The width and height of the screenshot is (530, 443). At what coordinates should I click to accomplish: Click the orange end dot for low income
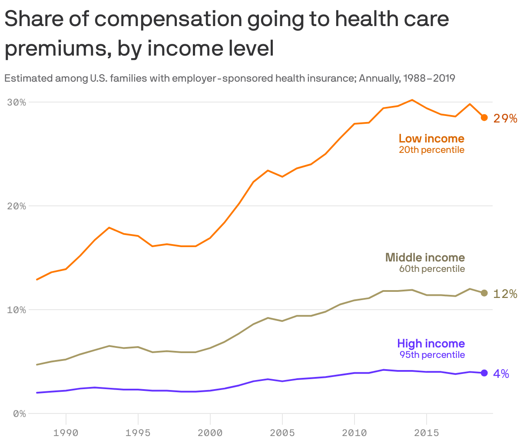tap(484, 118)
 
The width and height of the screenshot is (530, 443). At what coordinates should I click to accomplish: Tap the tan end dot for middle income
tap(484, 293)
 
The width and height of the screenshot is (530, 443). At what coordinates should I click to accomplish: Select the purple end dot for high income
tap(484, 373)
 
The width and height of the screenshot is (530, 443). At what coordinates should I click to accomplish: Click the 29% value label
tap(505, 119)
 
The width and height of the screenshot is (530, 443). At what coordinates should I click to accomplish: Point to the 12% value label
tap(505, 294)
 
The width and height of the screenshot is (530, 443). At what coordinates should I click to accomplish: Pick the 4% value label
tap(501, 374)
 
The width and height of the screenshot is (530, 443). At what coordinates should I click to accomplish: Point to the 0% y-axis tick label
tap(19, 413)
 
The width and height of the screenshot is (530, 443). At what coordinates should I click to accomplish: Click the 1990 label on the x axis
tap(66, 433)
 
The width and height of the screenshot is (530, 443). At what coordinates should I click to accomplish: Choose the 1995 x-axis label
tap(138, 433)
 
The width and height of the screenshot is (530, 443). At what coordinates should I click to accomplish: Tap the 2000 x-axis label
tap(210, 433)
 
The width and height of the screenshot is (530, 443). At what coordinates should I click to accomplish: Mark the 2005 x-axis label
tap(282, 433)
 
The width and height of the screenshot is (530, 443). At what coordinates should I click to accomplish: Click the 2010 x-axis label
tap(354, 433)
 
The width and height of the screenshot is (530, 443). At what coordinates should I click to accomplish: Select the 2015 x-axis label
tap(427, 433)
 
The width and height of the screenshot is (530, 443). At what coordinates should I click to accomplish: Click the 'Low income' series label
tap(431, 139)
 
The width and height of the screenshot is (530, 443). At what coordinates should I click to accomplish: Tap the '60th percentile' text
tap(432, 269)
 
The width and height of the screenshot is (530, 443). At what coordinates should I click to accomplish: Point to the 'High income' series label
tap(431, 344)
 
